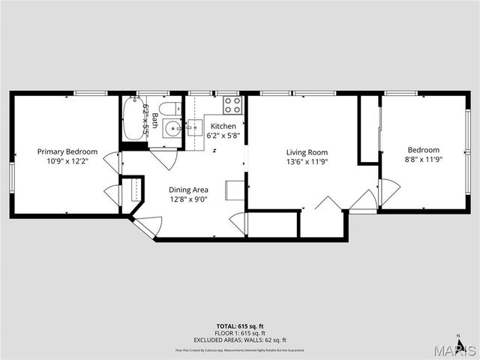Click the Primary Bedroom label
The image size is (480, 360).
click(68, 151)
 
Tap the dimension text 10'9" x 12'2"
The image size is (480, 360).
click(68, 161)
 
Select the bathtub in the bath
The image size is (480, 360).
click(136, 118)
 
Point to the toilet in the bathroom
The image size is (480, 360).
click(170, 106)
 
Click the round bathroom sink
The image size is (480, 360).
click(172, 128)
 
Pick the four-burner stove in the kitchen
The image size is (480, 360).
click(231, 106)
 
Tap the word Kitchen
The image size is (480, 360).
click(223, 126)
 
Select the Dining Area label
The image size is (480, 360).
click(187, 190)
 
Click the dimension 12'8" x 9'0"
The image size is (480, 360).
click(187, 199)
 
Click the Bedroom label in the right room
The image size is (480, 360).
click(424, 150)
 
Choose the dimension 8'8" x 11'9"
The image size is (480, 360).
click(424, 160)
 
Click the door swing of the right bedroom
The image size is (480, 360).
click(389, 191)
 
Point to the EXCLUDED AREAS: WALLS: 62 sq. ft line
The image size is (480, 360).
click(239, 340)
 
